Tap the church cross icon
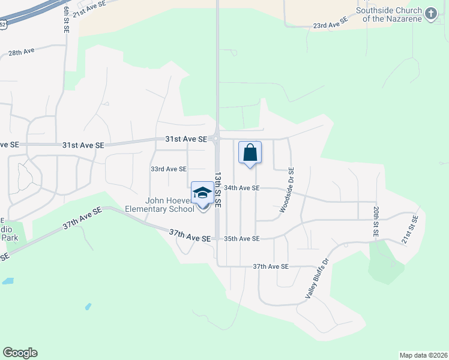[x=430, y=14]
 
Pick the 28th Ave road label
[x=22, y=52]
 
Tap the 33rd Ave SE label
[x=168, y=169]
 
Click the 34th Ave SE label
[x=241, y=188]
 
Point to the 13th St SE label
[x=218, y=190]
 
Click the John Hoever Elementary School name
[x=159, y=204]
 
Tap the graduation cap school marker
[x=202, y=193]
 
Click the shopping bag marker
[x=250, y=152]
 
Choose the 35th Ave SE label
[x=241, y=239]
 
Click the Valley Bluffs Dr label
[x=318, y=278]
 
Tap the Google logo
[x=20, y=353]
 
